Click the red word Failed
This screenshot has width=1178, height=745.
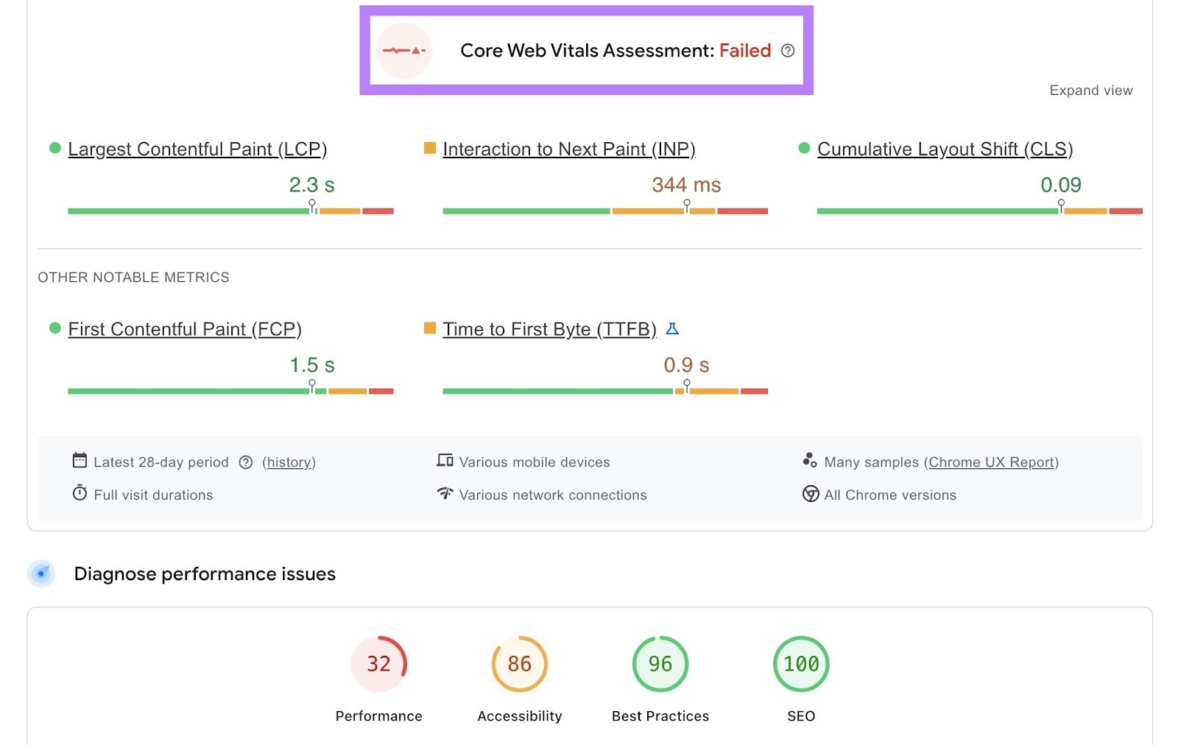[744, 51]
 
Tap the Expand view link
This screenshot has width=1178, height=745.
[1090, 91]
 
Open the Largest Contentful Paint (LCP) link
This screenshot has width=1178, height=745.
[197, 149]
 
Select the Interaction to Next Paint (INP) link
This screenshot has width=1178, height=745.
[568, 149]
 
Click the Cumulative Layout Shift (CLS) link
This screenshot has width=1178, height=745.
[945, 149]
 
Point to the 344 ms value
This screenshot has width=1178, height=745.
[686, 185]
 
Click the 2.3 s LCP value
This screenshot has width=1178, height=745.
[311, 185]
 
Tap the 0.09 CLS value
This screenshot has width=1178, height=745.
[1060, 185]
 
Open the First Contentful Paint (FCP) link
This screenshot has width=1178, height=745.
[185, 329]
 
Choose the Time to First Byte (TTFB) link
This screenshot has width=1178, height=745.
[549, 329]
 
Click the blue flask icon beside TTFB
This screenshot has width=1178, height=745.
[672, 329]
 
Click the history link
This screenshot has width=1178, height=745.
[289, 462]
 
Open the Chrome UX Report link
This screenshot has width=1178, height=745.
[992, 462]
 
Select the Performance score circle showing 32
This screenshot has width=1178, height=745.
[378, 664]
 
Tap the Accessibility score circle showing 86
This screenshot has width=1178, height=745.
[519, 664]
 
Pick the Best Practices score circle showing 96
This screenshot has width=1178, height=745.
[660, 664]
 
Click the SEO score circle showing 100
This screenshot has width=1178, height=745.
[801, 664]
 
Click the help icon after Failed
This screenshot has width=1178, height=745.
[788, 51]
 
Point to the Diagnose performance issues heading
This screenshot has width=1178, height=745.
[205, 574]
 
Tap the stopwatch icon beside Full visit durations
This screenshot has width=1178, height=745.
[80, 493]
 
